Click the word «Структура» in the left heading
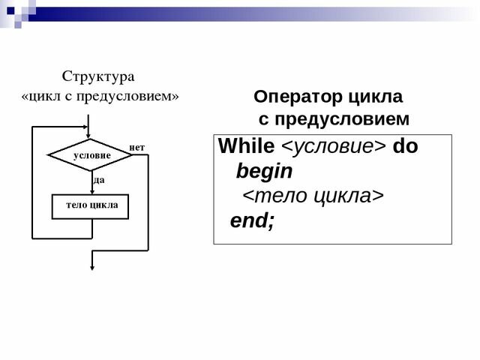(x=97, y=76)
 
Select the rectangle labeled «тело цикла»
(x=90, y=205)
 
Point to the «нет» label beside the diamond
(x=136, y=147)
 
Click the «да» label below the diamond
(x=99, y=181)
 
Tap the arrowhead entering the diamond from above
(x=90, y=134)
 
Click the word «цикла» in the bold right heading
(x=376, y=97)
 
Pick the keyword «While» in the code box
(x=246, y=146)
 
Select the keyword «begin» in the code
(x=264, y=172)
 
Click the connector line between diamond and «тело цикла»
(x=90, y=182)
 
